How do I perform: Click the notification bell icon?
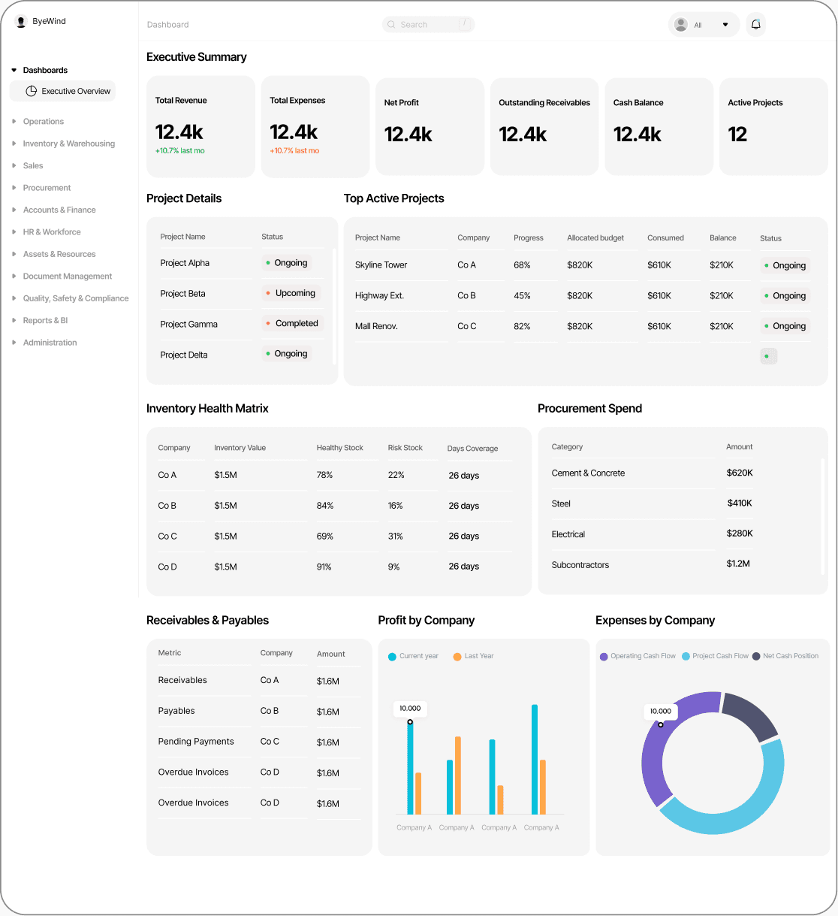[755, 24]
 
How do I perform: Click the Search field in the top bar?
[428, 24]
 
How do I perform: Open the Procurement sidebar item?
[47, 188]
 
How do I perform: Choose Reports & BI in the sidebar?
[45, 320]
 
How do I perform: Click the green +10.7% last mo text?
[179, 151]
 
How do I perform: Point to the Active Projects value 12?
[737, 135]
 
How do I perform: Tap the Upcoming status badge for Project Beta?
[291, 293]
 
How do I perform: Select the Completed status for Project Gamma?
[293, 323]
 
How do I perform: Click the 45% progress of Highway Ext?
[522, 295]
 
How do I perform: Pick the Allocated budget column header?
[595, 238]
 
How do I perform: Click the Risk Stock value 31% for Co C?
[395, 536]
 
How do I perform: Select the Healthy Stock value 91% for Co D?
[324, 567]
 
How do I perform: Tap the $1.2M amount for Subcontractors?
[738, 564]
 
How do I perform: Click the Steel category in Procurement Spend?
[560, 503]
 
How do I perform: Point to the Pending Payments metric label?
[196, 741]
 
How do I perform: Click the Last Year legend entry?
[473, 656]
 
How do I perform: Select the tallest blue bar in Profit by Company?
[535, 760]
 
